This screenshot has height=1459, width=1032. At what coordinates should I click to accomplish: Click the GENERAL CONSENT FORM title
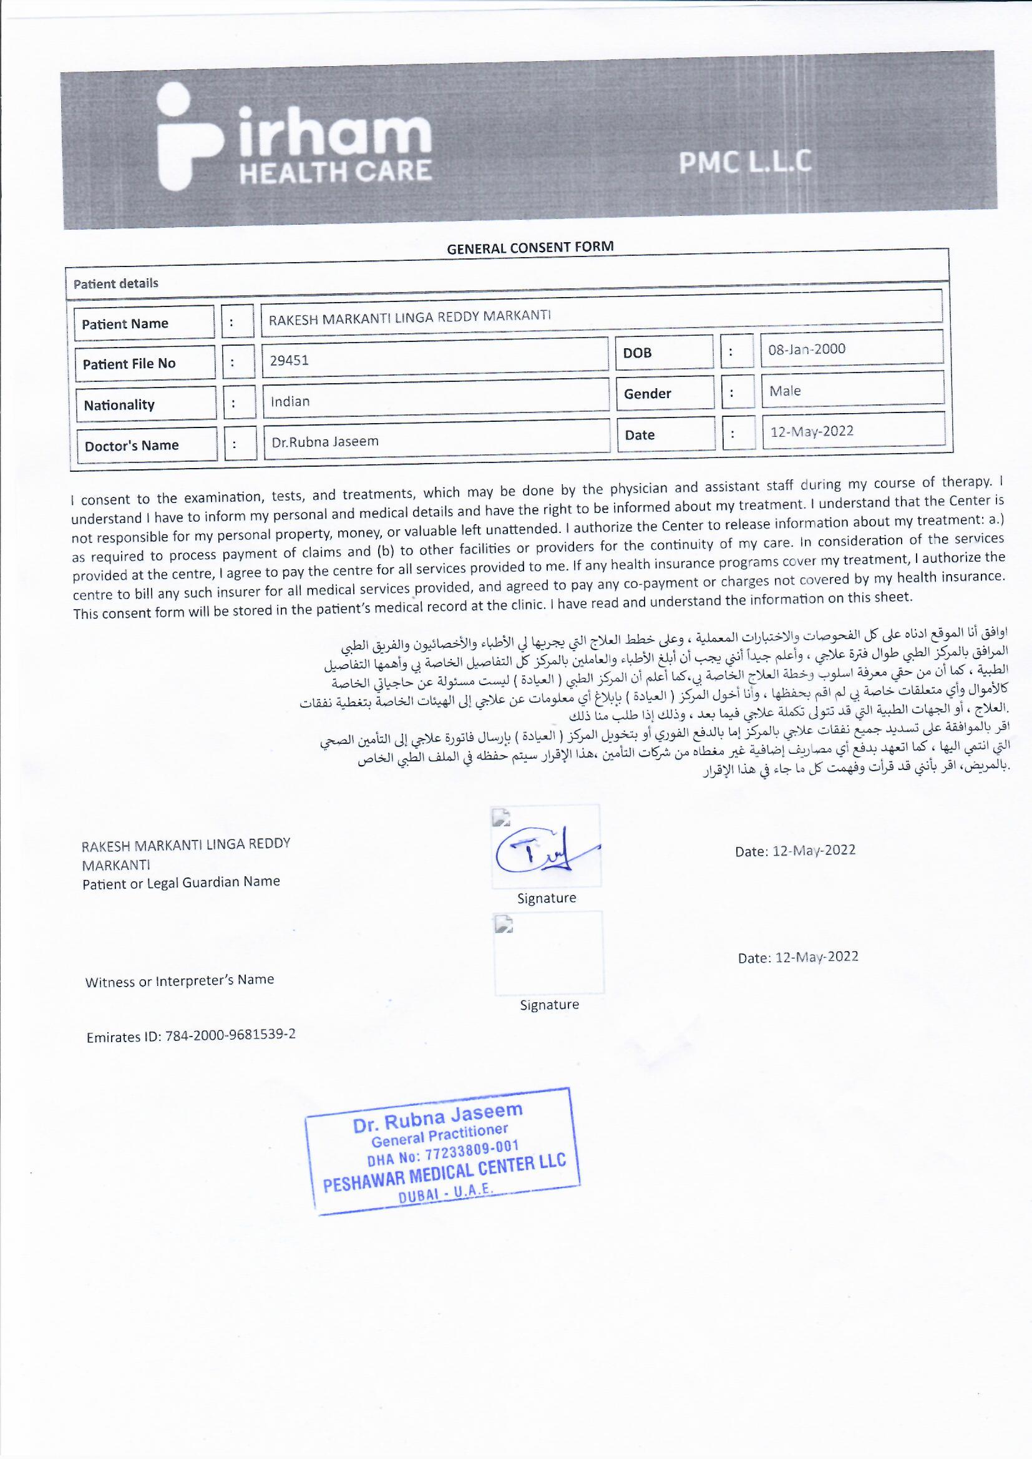(530, 248)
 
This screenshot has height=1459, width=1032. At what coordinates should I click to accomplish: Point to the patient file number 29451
(289, 360)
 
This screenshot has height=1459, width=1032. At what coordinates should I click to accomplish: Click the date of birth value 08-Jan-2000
(806, 349)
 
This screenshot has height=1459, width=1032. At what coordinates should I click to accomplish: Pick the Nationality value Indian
(290, 402)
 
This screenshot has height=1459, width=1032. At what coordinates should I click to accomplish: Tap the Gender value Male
(785, 391)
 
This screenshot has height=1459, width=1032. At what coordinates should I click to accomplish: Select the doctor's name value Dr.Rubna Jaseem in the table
(324, 441)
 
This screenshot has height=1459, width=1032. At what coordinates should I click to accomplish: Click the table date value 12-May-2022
(812, 431)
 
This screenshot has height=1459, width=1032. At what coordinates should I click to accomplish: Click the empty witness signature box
(548, 953)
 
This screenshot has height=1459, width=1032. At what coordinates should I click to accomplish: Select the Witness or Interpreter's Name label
(179, 980)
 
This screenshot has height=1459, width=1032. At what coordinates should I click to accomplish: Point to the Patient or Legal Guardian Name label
(181, 882)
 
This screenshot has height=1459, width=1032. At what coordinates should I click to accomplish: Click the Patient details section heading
(115, 283)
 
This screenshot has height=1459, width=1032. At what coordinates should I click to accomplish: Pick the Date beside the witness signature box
(797, 957)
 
